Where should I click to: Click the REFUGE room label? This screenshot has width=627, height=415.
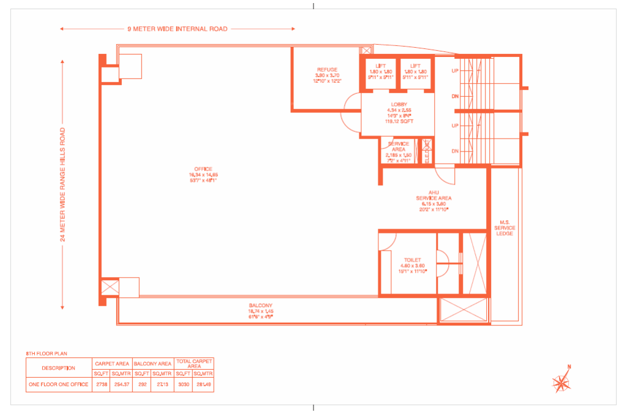[x=328, y=70]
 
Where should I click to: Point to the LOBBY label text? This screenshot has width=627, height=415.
[x=399, y=105]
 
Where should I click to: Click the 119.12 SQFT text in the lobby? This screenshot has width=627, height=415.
[x=399, y=121]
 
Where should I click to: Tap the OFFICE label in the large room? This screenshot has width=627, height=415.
[x=203, y=169]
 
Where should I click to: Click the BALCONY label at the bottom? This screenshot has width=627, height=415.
[x=260, y=305]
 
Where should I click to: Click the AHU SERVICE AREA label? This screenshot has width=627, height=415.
[x=434, y=195]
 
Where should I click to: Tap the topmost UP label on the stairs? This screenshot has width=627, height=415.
[x=455, y=71]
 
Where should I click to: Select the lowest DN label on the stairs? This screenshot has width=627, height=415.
[x=455, y=151]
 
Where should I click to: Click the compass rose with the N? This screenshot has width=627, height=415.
[x=561, y=382]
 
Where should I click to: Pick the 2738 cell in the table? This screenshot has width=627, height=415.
[x=101, y=385]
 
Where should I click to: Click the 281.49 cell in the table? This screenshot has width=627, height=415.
[x=203, y=385]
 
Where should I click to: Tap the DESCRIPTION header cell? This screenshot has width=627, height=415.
[x=59, y=368]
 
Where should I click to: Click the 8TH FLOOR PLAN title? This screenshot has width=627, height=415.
[x=47, y=354]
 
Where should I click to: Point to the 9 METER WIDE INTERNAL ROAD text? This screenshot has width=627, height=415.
[x=177, y=29]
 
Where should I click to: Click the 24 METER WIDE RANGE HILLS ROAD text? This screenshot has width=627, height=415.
[x=62, y=184]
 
